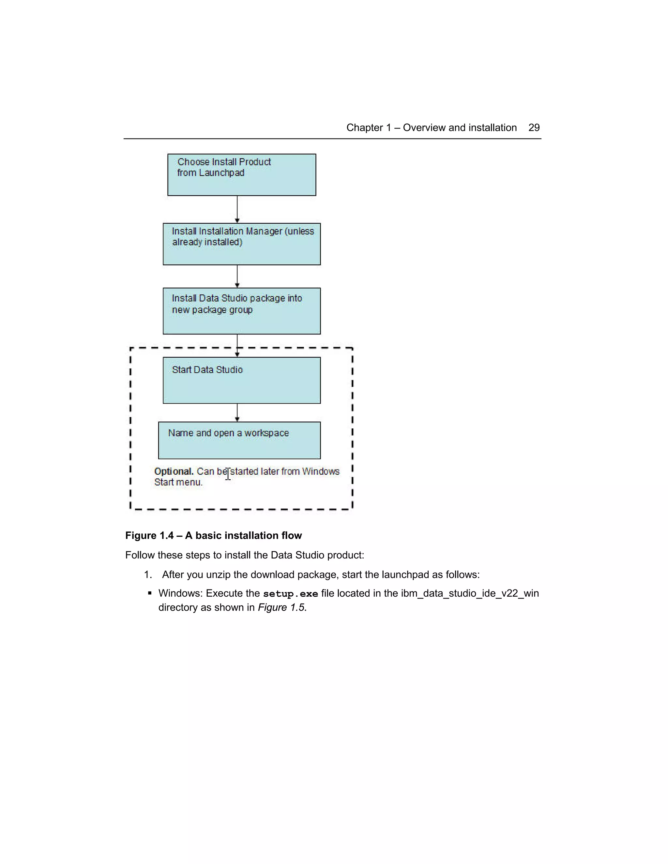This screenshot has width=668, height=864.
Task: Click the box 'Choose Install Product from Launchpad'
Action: pyautogui.click(x=241, y=175)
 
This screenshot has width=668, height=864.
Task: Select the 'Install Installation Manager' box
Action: pyautogui.click(x=241, y=244)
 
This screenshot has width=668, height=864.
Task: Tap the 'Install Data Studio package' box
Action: pyautogui.click(x=241, y=311)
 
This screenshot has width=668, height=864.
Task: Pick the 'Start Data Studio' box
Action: pyautogui.click(x=241, y=380)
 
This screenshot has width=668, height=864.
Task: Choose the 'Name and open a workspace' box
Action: pyautogui.click(x=239, y=440)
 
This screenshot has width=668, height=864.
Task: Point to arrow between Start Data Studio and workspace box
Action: pyautogui.click(x=237, y=413)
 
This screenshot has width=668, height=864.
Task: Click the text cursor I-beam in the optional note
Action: pyautogui.click(x=228, y=473)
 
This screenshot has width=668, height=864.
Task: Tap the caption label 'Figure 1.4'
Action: pyautogui.click(x=149, y=536)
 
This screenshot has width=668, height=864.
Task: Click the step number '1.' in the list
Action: pyautogui.click(x=148, y=575)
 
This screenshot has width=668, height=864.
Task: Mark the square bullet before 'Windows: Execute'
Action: pyautogui.click(x=150, y=593)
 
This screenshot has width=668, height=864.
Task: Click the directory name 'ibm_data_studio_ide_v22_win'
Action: pyautogui.click(x=469, y=594)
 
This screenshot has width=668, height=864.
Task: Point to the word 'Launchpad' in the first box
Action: pyautogui.click(x=221, y=173)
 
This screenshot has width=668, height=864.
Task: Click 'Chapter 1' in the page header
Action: pyautogui.click(x=369, y=128)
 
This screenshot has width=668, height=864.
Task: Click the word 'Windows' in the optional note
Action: pyautogui.click(x=321, y=471)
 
